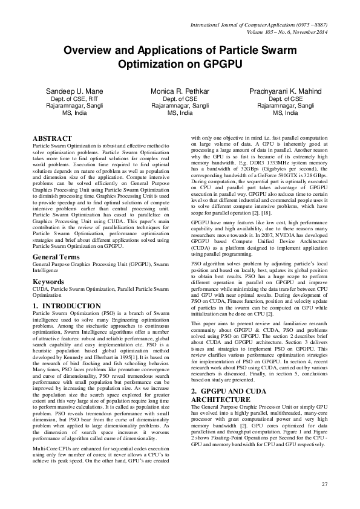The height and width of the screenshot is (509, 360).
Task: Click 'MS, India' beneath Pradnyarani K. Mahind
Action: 286,112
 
